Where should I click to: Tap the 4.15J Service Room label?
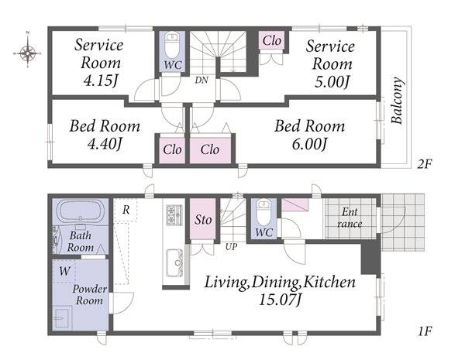click(x=98, y=63)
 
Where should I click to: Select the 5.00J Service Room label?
click(x=330, y=64)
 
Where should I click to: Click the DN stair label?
click(x=201, y=80)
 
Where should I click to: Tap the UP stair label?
click(x=231, y=246)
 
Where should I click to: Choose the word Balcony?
click(x=397, y=100)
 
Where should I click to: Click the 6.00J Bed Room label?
click(x=309, y=135)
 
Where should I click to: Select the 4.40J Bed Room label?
click(x=105, y=135)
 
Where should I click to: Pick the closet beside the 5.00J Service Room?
click(x=271, y=40)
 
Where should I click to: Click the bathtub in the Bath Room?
click(x=81, y=211)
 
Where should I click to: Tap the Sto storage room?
click(x=203, y=218)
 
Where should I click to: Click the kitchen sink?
click(x=174, y=262)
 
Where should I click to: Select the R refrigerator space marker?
click(x=126, y=210)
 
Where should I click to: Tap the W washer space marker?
click(x=64, y=271)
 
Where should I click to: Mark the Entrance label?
click(x=350, y=218)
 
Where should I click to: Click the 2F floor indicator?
click(x=425, y=163)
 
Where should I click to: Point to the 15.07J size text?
click(x=281, y=300)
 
